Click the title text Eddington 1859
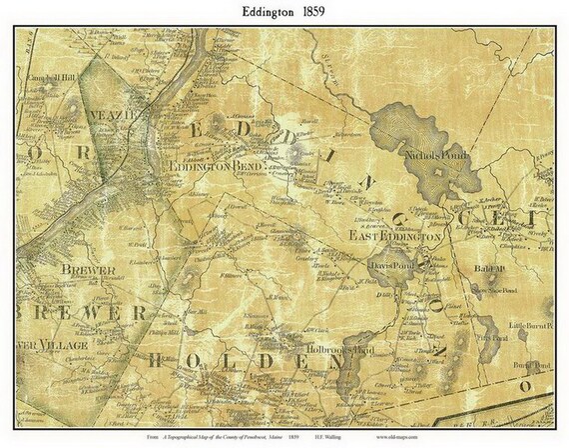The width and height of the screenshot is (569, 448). click(x=284, y=13)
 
